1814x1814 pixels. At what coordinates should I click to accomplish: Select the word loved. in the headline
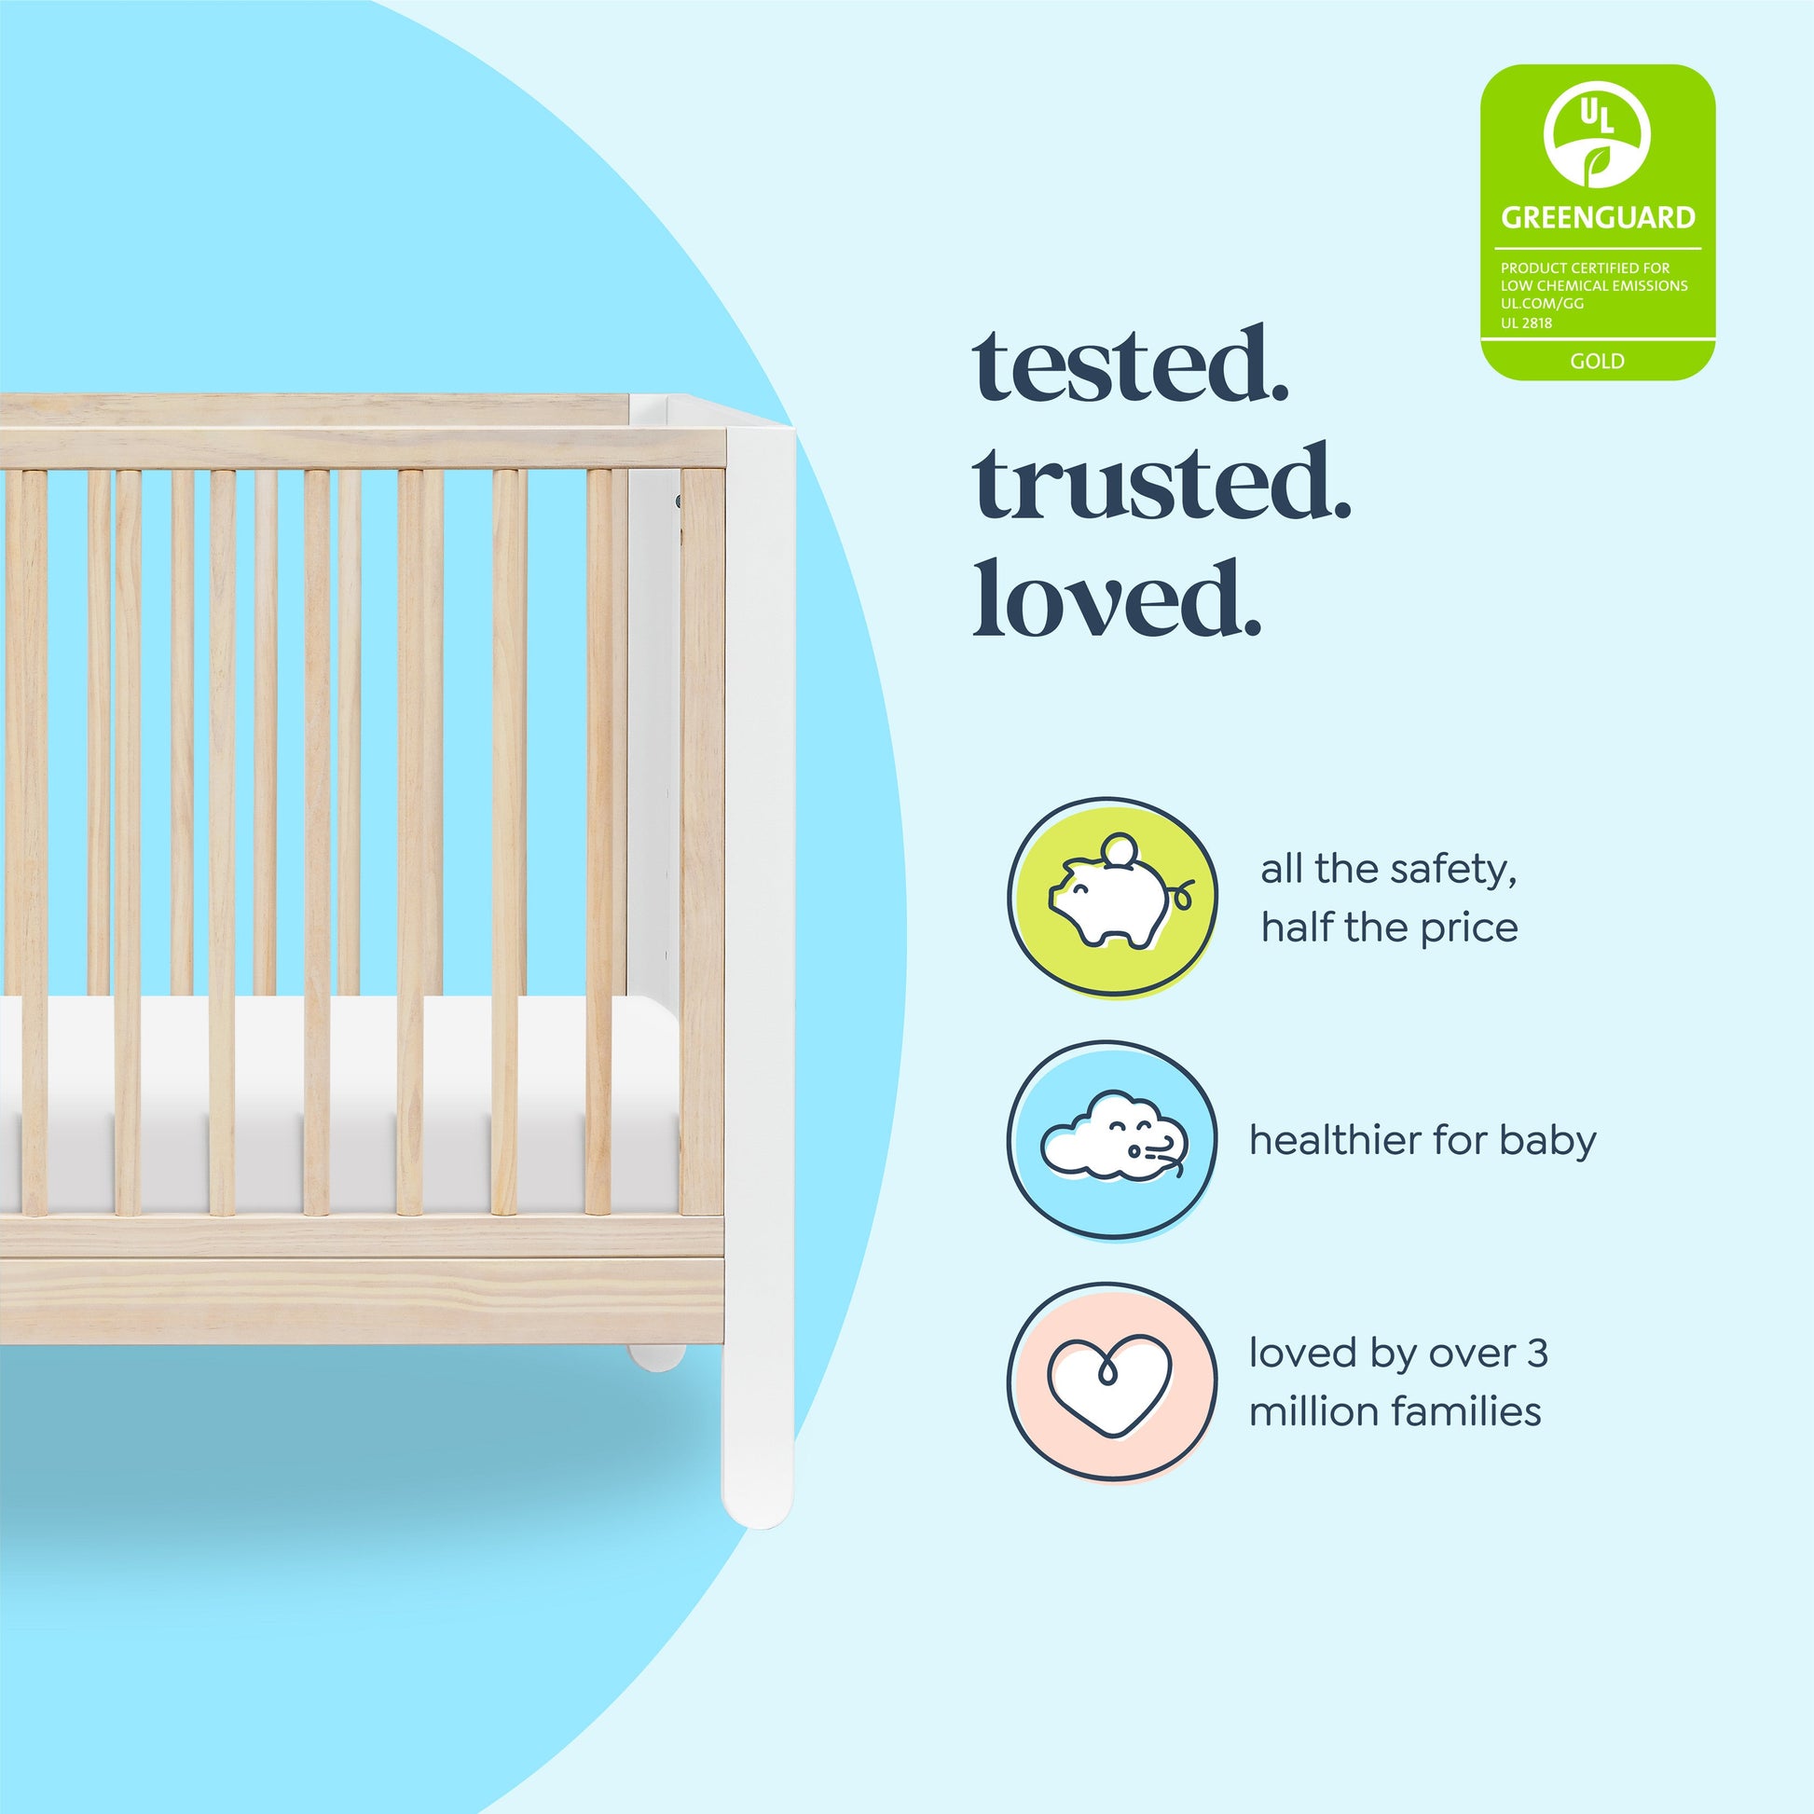click(x=1117, y=598)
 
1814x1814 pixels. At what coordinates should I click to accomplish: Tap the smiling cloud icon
click(x=1114, y=1135)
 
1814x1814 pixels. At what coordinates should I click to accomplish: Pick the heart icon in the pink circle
click(x=1111, y=1386)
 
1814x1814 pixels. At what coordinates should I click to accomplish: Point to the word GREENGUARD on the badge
click(x=1597, y=218)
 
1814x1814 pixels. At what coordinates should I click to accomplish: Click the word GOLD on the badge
click(x=1597, y=361)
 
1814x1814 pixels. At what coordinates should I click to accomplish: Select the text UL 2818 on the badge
click(x=1526, y=323)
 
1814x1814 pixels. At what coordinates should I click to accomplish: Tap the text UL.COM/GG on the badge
click(x=1542, y=303)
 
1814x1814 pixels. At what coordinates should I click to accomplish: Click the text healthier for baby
click(x=1422, y=1140)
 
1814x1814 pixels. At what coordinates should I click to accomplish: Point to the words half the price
click(x=1390, y=928)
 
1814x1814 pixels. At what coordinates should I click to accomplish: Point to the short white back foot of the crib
click(x=656, y=1356)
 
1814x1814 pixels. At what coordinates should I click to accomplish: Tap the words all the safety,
click(x=1389, y=870)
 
